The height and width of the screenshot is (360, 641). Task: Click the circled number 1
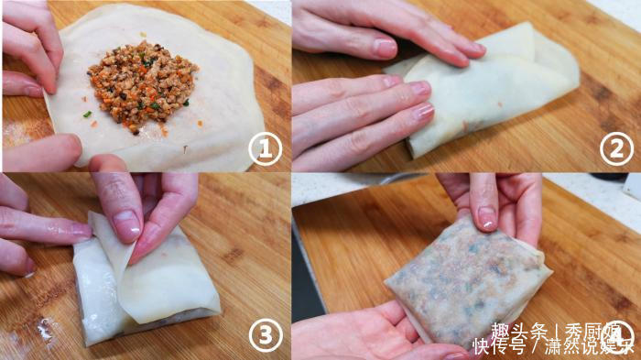(265, 148)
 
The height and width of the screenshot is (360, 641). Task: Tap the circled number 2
(616, 148)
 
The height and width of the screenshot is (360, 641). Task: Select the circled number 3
(265, 335)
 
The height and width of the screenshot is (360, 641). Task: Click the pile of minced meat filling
(144, 84)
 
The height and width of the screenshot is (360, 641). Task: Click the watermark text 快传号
(499, 347)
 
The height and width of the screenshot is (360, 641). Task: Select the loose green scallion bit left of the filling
(86, 114)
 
